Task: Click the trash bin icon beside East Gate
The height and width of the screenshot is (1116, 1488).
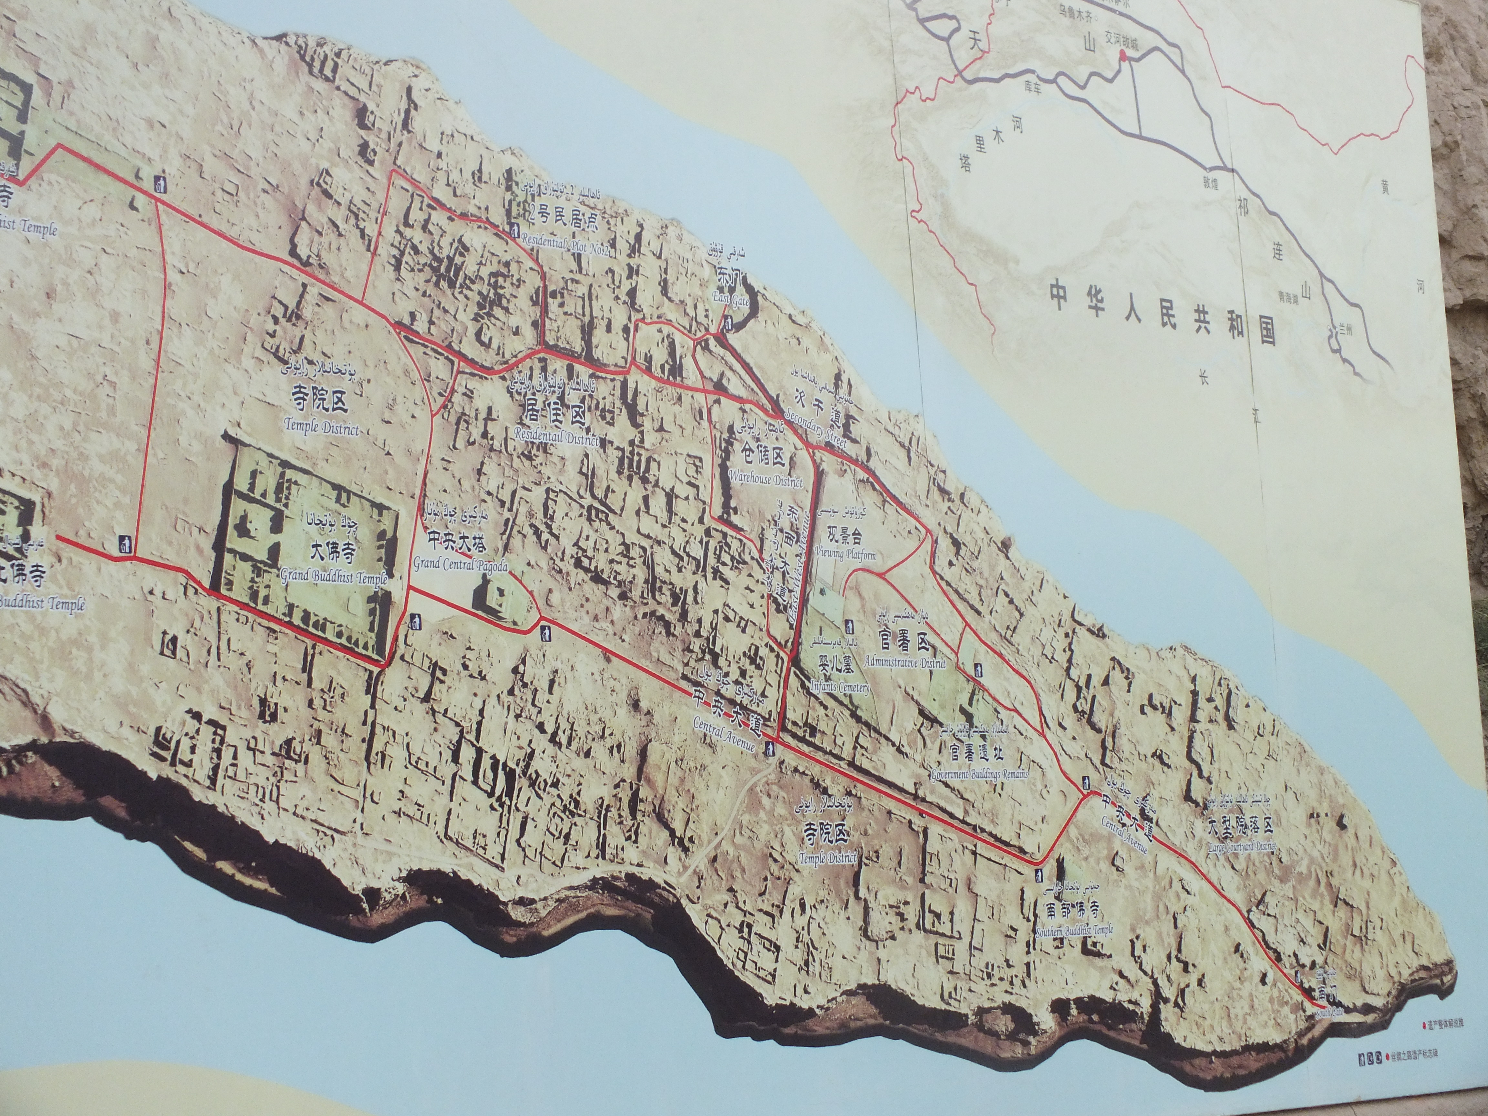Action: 728,324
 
